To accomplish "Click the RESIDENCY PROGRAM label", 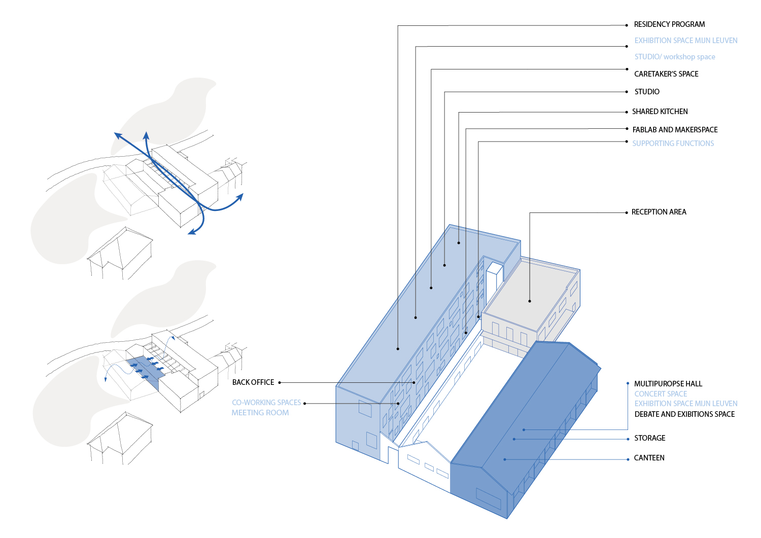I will click(x=669, y=24).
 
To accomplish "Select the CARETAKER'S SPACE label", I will click(x=666, y=74).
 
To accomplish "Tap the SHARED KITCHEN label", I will click(x=660, y=112).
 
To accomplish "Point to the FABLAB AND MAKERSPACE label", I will click(x=675, y=130).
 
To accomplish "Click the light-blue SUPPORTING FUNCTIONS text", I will click(x=673, y=144).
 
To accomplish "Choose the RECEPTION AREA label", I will click(x=659, y=212).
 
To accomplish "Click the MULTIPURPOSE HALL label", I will click(x=668, y=384).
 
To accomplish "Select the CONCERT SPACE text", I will click(x=661, y=394).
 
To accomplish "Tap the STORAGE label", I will click(x=649, y=438).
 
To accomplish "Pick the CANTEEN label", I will click(x=649, y=458).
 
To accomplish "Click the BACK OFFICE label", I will click(x=253, y=382).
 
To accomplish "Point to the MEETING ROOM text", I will click(x=260, y=413).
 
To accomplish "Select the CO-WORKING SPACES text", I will click(x=266, y=403).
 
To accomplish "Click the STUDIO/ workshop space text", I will click(x=675, y=57).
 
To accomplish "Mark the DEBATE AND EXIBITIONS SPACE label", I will click(x=684, y=414).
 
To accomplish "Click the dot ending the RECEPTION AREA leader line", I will click(x=530, y=301).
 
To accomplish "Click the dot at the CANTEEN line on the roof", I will click(x=505, y=459).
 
